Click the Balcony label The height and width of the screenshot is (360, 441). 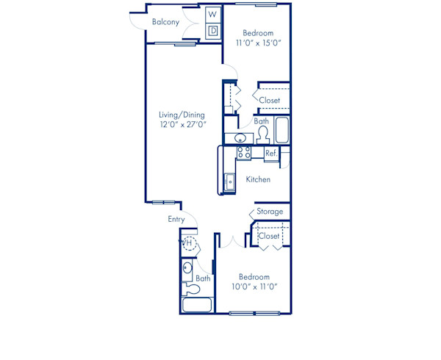click(x=165, y=22)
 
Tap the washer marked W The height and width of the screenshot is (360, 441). click(x=212, y=14)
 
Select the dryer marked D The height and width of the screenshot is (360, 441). click(x=212, y=30)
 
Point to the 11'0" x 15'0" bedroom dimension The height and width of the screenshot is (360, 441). click(x=258, y=43)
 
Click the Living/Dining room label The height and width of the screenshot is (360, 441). click(x=182, y=115)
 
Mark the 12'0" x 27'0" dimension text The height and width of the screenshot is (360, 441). click(x=182, y=125)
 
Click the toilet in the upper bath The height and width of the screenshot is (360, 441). click(x=262, y=134)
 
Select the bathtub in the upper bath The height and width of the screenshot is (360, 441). click(x=282, y=131)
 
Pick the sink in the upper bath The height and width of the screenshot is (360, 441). click(x=240, y=138)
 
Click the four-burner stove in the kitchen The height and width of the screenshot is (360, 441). click(x=244, y=153)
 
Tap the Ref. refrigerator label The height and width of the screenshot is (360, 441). click(x=270, y=154)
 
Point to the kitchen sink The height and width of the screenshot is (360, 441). click(x=229, y=180)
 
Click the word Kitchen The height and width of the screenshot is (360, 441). click(x=258, y=179)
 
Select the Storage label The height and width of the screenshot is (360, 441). click(x=270, y=212)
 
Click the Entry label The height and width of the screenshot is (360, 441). click(x=176, y=219)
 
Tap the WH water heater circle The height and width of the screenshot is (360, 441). click(x=189, y=243)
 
